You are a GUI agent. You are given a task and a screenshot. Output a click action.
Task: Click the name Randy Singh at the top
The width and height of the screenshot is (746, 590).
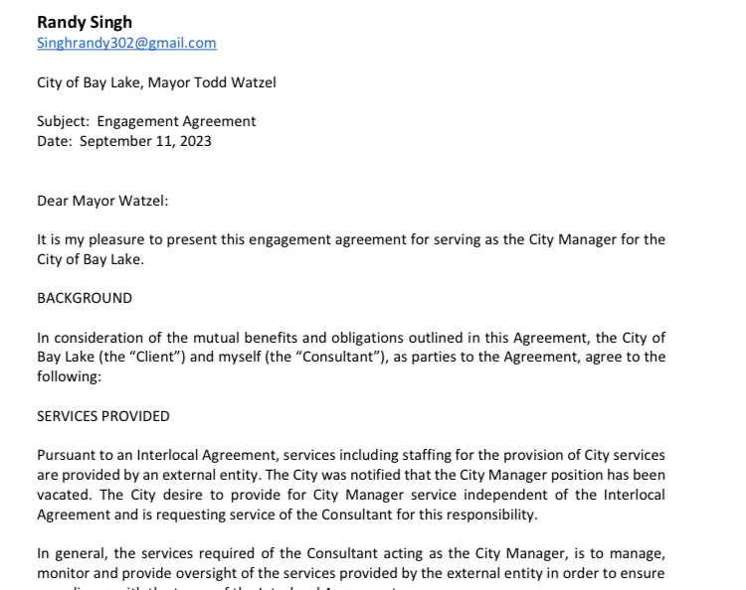[x=85, y=22]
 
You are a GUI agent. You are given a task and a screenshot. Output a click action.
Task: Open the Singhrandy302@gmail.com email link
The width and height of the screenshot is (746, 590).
[x=126, y=43]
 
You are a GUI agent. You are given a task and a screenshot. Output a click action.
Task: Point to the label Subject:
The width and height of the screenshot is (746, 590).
[x=64, y=121]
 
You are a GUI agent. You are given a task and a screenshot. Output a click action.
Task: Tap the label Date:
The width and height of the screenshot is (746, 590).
[x=55, y=141]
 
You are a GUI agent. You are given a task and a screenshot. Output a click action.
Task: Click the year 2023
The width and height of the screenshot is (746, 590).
[x=195, y=141]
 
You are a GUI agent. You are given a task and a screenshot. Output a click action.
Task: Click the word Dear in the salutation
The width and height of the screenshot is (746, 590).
[x=53, y=201]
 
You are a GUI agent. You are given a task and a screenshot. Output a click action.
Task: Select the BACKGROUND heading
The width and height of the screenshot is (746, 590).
[x=85, y=298]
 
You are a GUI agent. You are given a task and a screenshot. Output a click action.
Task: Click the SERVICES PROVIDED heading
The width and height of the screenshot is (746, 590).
[x=103, y=416]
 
